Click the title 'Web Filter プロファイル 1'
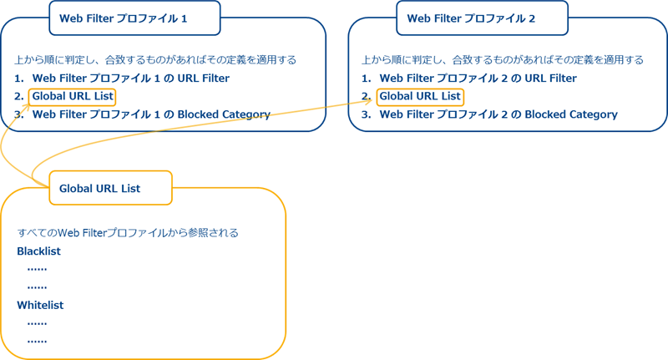[134, 18]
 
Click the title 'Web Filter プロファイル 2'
[482, 18]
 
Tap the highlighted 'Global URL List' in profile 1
[73, 97]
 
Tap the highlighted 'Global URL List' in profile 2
[420, 97]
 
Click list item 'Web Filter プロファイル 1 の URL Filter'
[130, 79]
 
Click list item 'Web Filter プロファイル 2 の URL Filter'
[478, 79]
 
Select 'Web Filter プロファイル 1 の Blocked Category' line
[151, 114]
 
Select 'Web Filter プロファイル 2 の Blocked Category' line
[498, 114]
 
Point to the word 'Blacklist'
[38, 251]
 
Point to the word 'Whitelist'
[40, 306]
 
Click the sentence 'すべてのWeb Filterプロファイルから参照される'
[128, 233]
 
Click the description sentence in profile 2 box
[503, 60]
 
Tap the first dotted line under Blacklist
[37, 269]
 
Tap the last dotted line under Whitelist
[37, 341]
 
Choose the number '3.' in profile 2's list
[366, 114]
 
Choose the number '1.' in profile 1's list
[19, 79]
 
